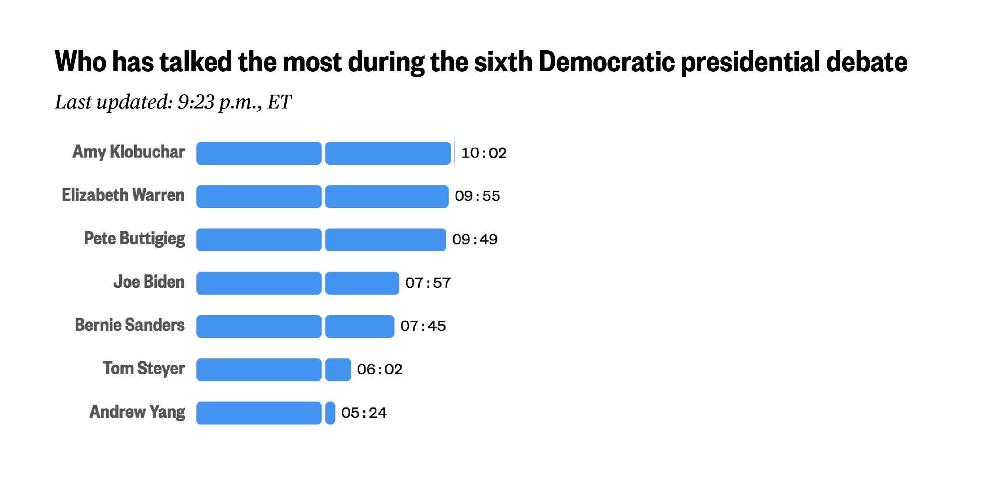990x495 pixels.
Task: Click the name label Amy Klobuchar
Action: (129, 152)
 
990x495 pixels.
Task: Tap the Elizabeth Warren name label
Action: (123, 196)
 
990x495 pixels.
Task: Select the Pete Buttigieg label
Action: (135, 239)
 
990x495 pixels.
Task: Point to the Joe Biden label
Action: (149, 282)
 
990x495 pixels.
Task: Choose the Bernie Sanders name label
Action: (130, 326)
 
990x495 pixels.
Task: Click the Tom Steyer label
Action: (144, 369)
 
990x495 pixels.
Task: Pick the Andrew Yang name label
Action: (137, 412)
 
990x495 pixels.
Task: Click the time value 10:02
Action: (484, 153)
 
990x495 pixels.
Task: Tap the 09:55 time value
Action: (477, 196)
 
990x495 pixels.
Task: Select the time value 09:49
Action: (475, 240)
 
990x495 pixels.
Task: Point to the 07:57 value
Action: (428, 283)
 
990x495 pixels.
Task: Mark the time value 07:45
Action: (423, 326)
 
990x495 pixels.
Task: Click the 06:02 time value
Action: (379, 369)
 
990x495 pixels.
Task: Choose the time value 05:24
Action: (364, 413)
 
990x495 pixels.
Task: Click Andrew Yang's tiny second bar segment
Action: (330, 413)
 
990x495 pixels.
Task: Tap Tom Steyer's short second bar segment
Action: (338, 370)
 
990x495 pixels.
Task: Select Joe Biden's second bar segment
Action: (362, 283)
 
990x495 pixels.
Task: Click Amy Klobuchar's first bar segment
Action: (259, 153)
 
